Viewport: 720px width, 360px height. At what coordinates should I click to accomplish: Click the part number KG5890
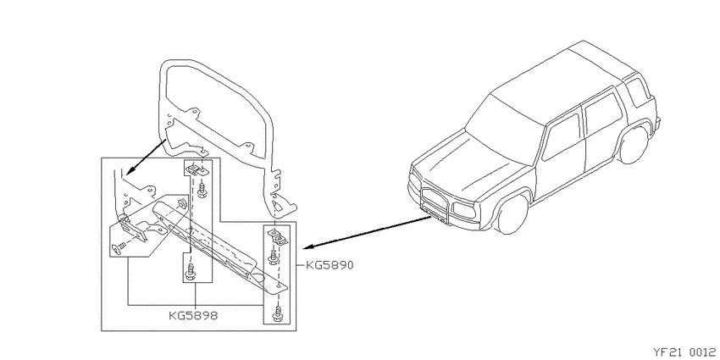coord(330,265)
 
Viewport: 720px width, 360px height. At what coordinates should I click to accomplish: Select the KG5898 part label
coord(193,315)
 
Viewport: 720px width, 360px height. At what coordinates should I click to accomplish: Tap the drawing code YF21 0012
coord(684,352)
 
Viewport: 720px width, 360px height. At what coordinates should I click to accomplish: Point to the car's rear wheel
coord(634,144)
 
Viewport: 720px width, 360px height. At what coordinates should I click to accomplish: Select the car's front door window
coord(562,137)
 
